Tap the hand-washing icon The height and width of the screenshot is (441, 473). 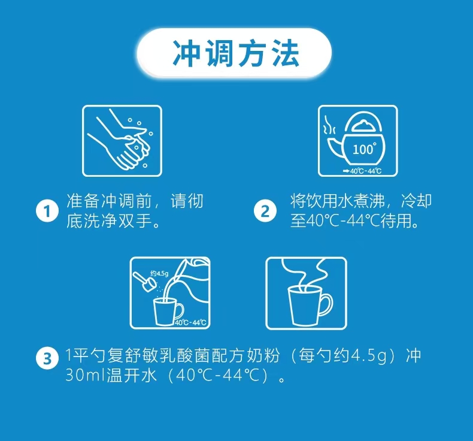[122, 141]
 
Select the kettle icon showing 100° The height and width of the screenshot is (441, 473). [357, 141]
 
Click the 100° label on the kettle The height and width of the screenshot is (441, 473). [363, 149]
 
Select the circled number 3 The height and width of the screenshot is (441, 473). [47, 360]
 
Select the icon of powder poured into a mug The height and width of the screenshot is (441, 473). [170, 293]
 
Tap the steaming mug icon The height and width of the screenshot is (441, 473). [306, 293]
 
